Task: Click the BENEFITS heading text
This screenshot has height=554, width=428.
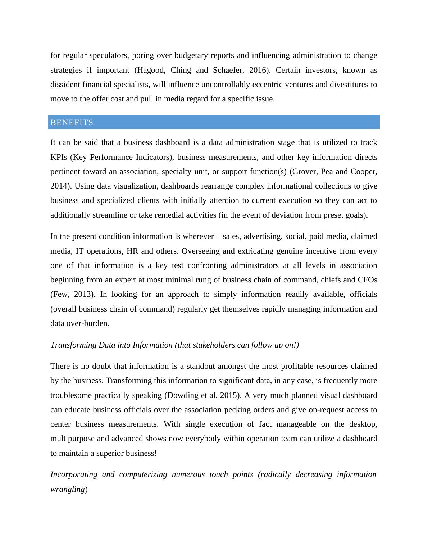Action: (72, 123)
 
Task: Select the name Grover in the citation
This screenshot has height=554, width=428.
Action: (304, 172)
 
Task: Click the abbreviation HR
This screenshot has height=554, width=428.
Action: (132, 251)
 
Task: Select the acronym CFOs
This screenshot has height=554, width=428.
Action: (368, 280)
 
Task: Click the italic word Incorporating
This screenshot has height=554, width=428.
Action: (74, 474)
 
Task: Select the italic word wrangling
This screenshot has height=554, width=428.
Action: (67, 489)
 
